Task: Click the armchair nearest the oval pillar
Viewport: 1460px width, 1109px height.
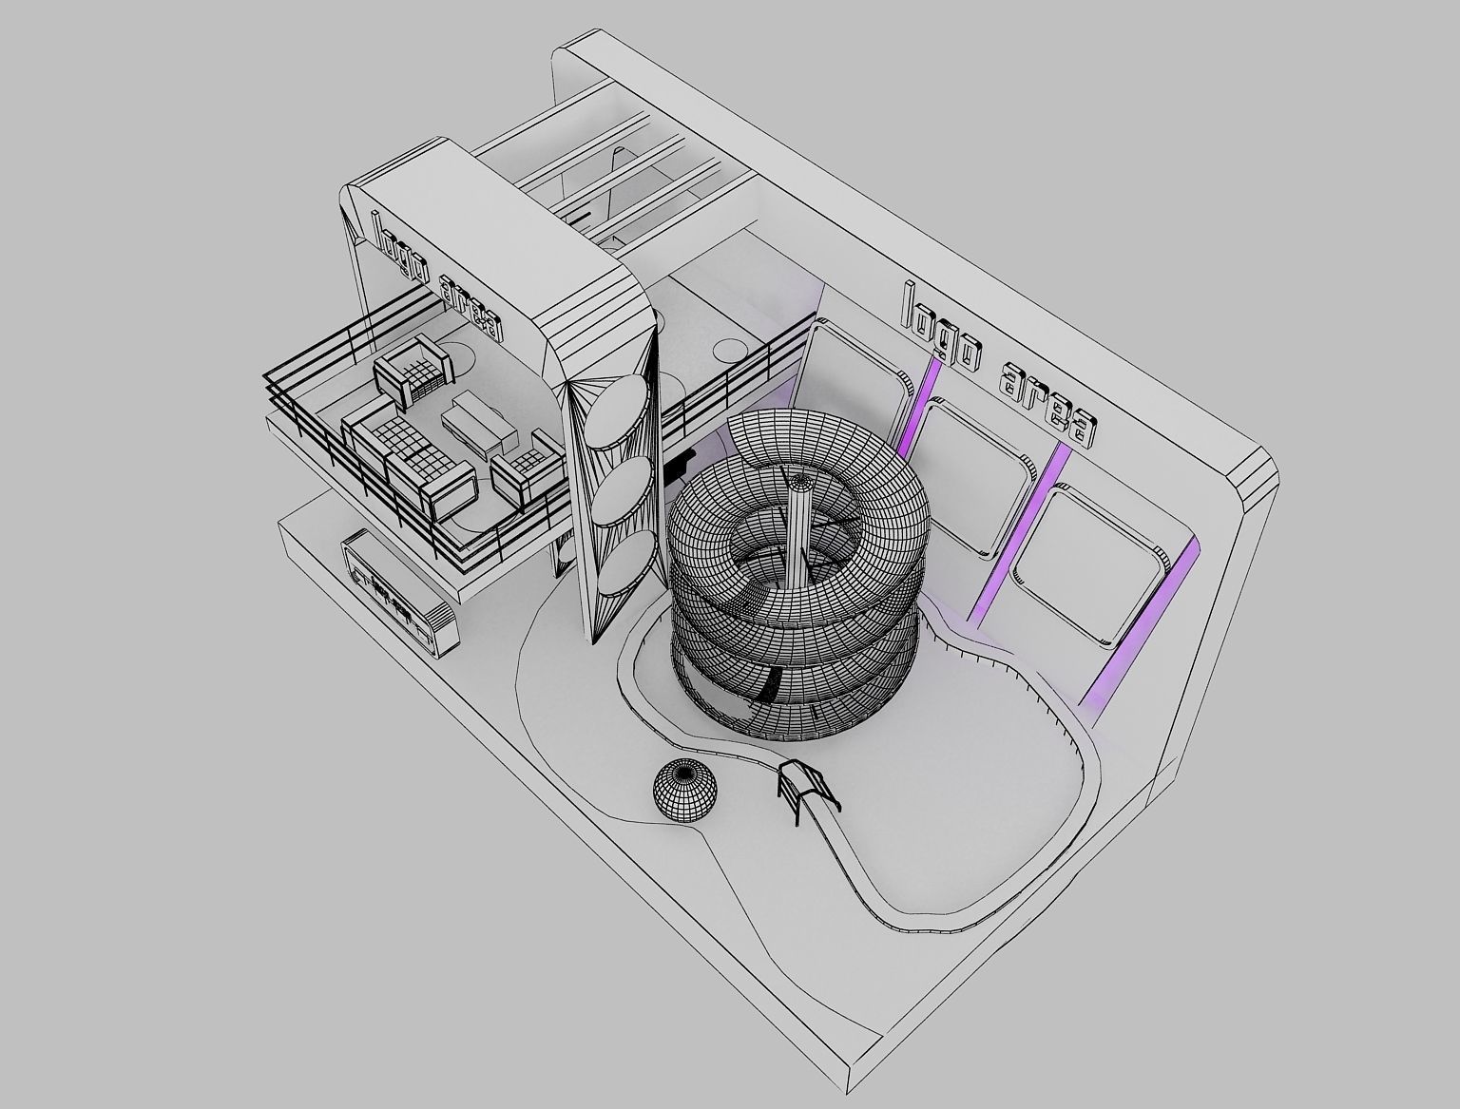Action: pos(523,466)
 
